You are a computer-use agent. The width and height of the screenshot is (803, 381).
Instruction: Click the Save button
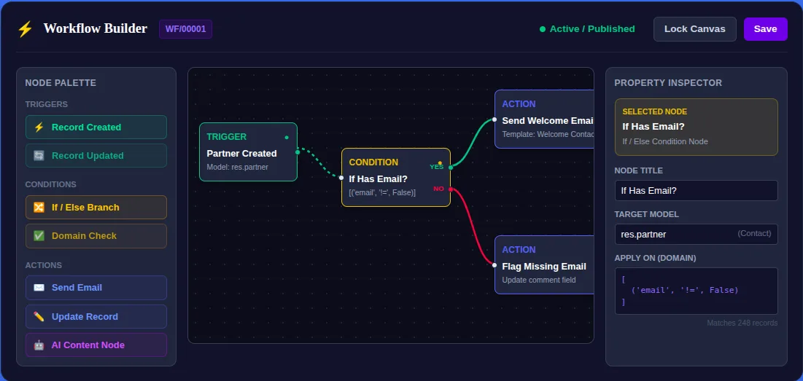click(x=765, y=28)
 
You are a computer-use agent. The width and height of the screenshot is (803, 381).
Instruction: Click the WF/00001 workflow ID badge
click(x=185, y=29)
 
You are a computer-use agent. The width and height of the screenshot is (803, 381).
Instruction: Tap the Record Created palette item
click(x=96, y=127)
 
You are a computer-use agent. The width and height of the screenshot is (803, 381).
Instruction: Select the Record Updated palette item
click(x=96, y=155)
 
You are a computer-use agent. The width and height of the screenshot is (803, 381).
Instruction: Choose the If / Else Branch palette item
click(x=96, y=207)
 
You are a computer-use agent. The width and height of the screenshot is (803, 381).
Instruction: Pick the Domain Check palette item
click(x=96, y=236)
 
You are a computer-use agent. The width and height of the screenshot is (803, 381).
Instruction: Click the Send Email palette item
click(x=96, y=288)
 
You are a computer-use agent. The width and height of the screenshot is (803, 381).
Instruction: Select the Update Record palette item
click(x=96, y=317)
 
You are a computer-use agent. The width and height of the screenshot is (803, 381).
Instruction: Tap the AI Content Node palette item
click(x=96, y=345)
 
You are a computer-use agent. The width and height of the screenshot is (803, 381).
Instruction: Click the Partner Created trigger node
click(x=249, y=152)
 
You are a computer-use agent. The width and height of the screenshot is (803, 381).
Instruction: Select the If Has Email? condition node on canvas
click(x=396, y=178)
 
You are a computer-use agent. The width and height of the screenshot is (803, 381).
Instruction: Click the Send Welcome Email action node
click(x=544, y=119)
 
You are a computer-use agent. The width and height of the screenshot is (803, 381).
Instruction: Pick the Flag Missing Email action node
click(x=544, y=265)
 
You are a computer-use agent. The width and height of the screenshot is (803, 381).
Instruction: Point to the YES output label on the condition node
click(x=437, y=167)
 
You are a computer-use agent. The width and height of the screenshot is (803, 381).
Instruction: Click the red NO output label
click(x=439, y=189)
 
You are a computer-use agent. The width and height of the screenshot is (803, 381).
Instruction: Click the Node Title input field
click(x=696, y=190)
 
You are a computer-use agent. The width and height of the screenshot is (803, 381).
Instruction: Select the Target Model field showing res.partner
click(x=696, y=234)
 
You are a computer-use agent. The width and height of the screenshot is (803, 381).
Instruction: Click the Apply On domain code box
click(x=696, y=291)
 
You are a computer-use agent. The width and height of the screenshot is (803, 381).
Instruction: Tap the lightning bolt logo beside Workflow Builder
click(x=25, y=28)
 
